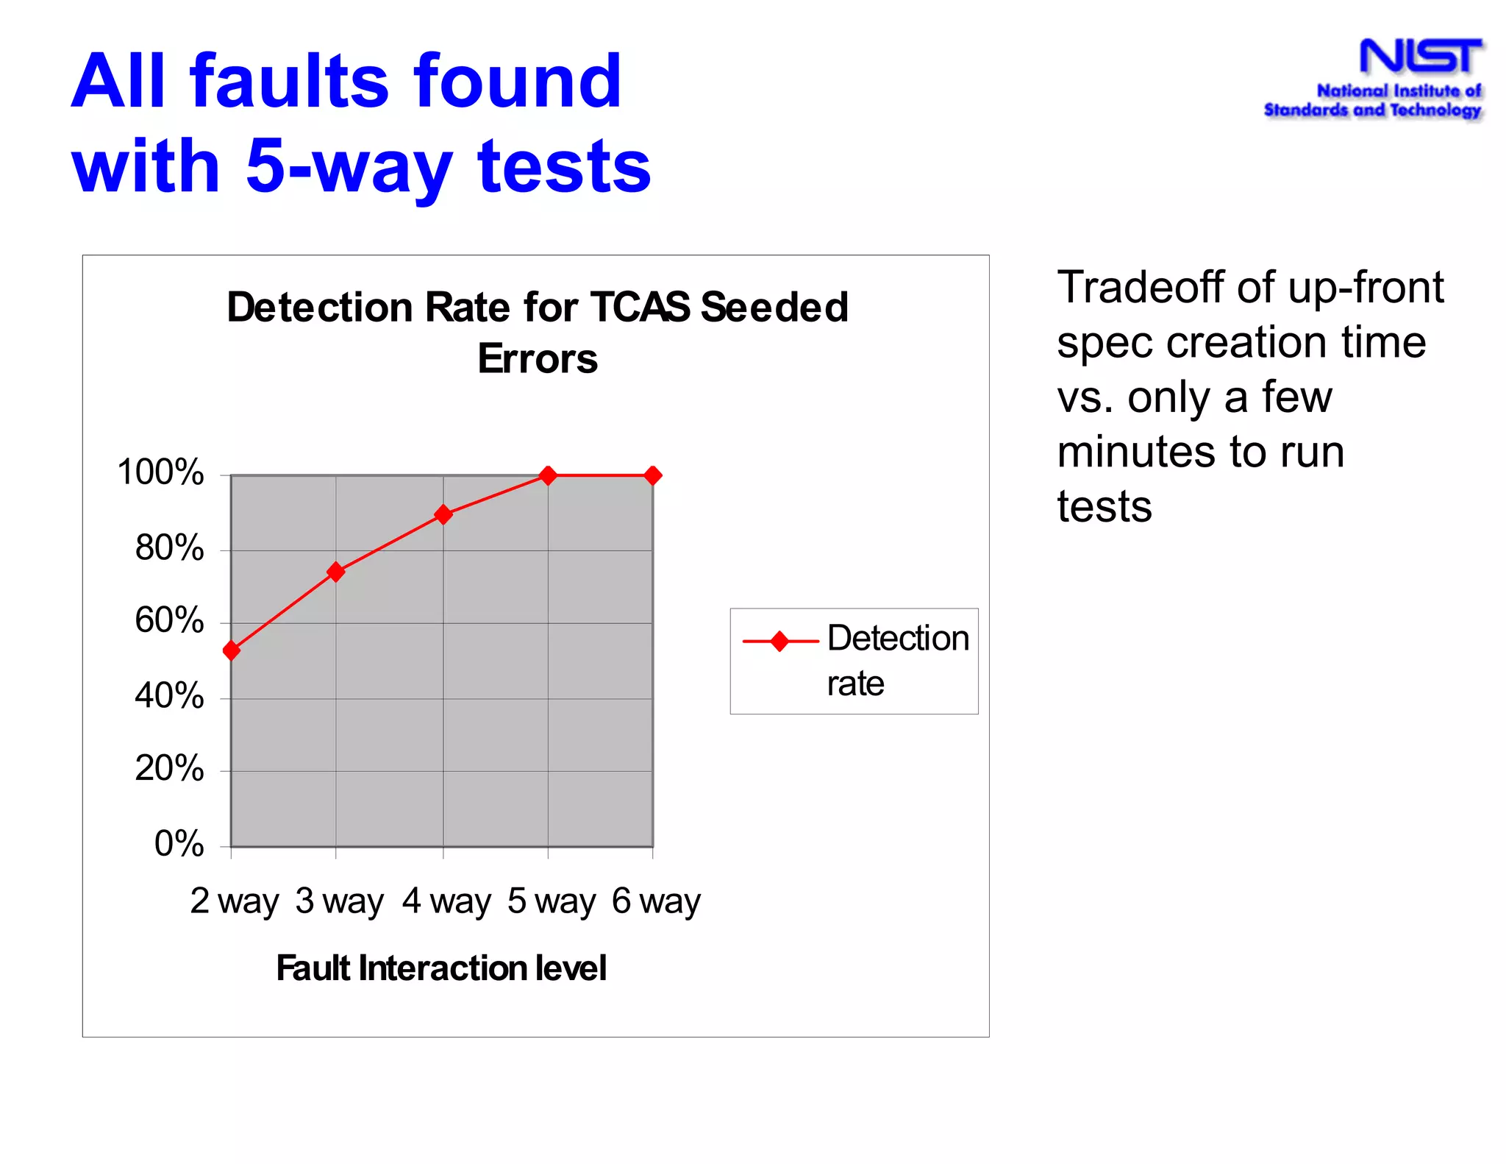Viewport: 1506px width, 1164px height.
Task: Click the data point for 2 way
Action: pyautogui.click(x=232, y=650)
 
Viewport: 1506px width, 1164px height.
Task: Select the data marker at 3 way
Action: pyautogui.click(x=336, y=572)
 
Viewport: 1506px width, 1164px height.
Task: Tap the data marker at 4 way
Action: pyautogui.click(x=443, y=514)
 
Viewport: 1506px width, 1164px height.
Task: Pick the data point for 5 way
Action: pyautogui.click(x=548, y=475)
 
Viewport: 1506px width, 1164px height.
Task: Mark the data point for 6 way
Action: pyautogui.click(x=652, y=475)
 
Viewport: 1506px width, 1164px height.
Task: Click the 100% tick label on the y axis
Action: pyautogui.click(x=160, y=472)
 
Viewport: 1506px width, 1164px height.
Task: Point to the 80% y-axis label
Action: pyautogui.click(x=169, y=548)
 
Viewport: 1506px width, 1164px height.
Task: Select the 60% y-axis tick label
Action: pyautogui.click(x=169, y=621)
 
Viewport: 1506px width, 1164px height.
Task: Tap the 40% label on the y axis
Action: pyautogui.click(x=169, y=696)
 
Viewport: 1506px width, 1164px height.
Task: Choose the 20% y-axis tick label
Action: pyautogui.click(x=169, y=769)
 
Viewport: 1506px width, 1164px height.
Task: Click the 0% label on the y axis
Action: pyautogui.click(x=179, y=844)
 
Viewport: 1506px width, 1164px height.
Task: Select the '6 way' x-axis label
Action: pyautogui.click(x=657, y=901)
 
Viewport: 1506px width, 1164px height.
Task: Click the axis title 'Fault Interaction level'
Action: pyautogui.click(x=441, y=968)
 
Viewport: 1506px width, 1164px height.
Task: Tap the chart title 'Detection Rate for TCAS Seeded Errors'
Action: pyautogui.click(x=538, y=332)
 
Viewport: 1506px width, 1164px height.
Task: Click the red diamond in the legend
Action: pyautogui.click(x=780, y=642)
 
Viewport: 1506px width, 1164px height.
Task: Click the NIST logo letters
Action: pyautogui.click(x=1420, y=57)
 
